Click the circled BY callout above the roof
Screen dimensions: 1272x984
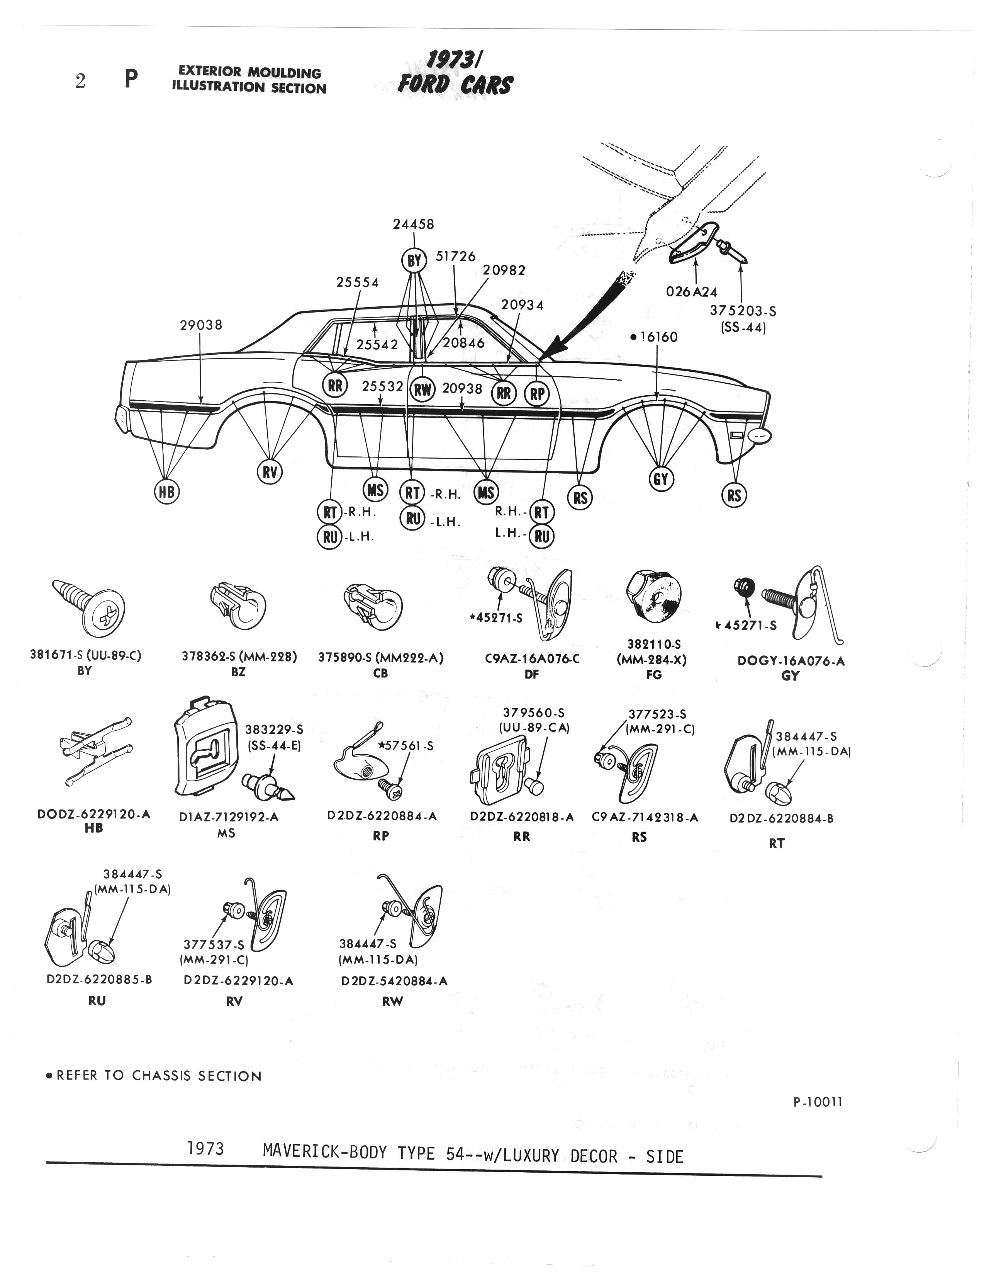414,261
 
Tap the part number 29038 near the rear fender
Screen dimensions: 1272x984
201,325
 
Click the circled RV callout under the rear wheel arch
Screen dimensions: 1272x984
270,472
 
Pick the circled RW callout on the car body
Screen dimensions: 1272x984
423,389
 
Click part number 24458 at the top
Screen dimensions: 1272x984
413,224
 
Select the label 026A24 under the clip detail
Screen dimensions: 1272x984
692,292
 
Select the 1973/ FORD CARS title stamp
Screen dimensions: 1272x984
455,73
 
